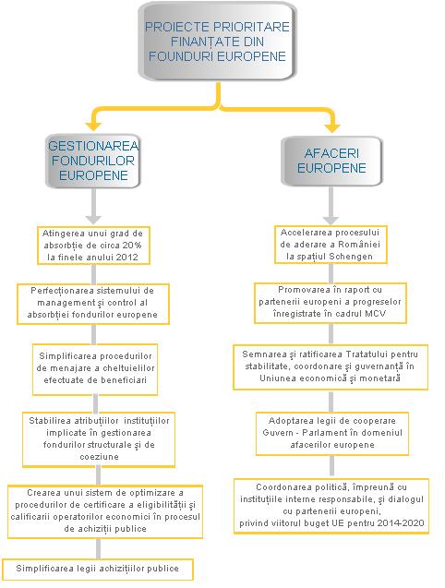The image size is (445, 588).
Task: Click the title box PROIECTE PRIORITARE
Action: (x=218, y=42)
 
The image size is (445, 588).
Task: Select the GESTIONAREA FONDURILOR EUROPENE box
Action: (x=93, y=161)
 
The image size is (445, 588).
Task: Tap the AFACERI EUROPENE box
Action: (x=331, y=161)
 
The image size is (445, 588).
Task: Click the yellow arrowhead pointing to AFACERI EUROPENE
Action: (x=332, y=127)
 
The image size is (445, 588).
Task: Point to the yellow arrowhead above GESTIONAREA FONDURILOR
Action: (x=93, y=126)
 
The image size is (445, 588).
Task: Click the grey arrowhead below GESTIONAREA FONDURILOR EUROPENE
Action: (x=93, y=219)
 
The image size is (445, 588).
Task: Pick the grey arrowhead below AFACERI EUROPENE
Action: (x=331, y=220)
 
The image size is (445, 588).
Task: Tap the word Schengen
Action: (x=351, y=257)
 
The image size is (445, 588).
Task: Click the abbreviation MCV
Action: (x=376, y=314)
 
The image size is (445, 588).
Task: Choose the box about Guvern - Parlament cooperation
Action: (x=332, y=433)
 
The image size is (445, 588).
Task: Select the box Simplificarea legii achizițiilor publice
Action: (x=98, y=569)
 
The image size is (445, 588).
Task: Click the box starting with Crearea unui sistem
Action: (x=105, y=511)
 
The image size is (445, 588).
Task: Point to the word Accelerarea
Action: (x=301, y=233)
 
